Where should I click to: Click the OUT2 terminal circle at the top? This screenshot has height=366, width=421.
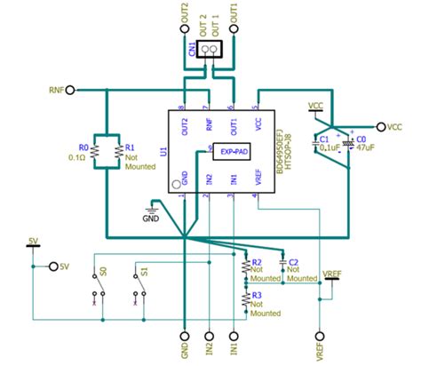[x=185, y=28]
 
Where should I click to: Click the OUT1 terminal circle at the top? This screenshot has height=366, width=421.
[x=234, y=28]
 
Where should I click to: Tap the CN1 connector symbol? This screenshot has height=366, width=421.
[x=210, y=50]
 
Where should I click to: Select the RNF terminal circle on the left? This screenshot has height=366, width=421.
[x=70, y=90]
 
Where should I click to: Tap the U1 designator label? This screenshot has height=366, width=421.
[x=163, y=152]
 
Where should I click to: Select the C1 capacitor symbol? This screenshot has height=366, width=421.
[x=318, y=142]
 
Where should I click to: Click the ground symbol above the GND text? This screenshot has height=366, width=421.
[x=152, y=208]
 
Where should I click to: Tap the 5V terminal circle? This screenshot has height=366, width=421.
[x=54, y=267]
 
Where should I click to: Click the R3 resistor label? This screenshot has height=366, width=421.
[x=256, y=295]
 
